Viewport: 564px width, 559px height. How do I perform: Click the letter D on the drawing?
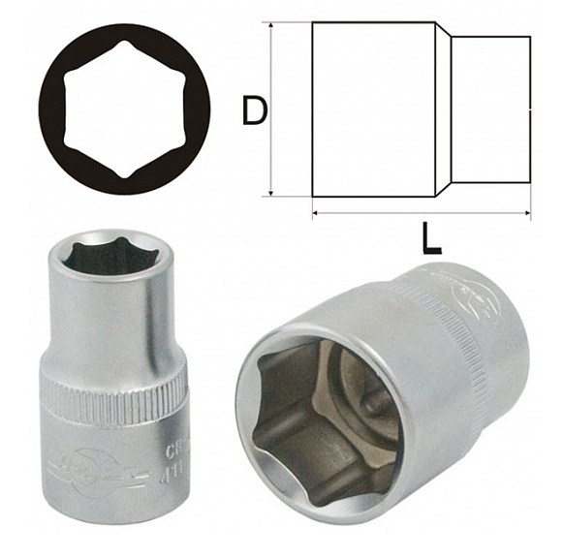(253, 111)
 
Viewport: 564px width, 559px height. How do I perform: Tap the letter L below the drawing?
(430, 238)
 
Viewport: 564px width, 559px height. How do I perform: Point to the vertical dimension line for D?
(272, 111)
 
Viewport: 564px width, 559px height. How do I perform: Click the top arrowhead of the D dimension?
(272, 28)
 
